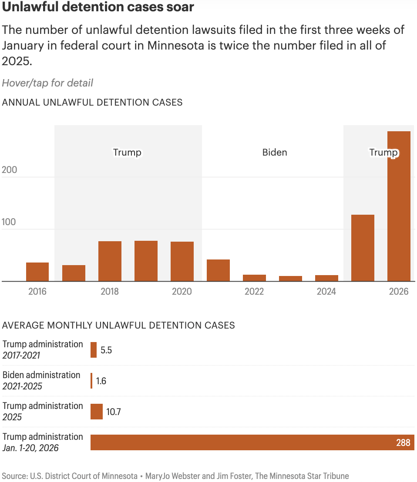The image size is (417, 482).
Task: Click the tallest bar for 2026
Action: click(399, 206)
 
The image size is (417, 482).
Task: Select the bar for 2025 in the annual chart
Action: click(363, 248)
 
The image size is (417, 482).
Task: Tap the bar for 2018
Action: click(110, 261)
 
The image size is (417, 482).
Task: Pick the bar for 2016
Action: click(37, 272)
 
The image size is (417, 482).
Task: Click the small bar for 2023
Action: click(290, 279)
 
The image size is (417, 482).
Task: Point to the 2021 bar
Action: click(218, 270)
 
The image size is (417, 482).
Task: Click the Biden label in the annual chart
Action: click(275, 153)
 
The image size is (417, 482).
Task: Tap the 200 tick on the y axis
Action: click(10, 170)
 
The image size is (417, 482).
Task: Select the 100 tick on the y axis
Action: click(10, 222)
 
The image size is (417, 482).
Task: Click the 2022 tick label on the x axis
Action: click(254, 292)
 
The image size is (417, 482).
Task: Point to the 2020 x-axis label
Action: click(182, 292)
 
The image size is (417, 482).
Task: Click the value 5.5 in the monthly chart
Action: click(106, 350)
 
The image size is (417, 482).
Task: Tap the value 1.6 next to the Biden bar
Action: click(101, 381)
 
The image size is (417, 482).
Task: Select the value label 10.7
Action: click(113, 412)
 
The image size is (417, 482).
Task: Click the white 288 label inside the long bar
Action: click(403, 443)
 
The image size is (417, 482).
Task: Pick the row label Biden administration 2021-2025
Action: click(41, 381)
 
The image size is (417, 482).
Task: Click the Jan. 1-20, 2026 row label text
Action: click(30, 448)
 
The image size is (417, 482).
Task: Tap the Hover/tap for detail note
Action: click(47, 83)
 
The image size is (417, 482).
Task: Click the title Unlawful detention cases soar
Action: click(98, 7)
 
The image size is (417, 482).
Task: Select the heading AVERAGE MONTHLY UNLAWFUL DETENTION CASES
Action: click(118, 326)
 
